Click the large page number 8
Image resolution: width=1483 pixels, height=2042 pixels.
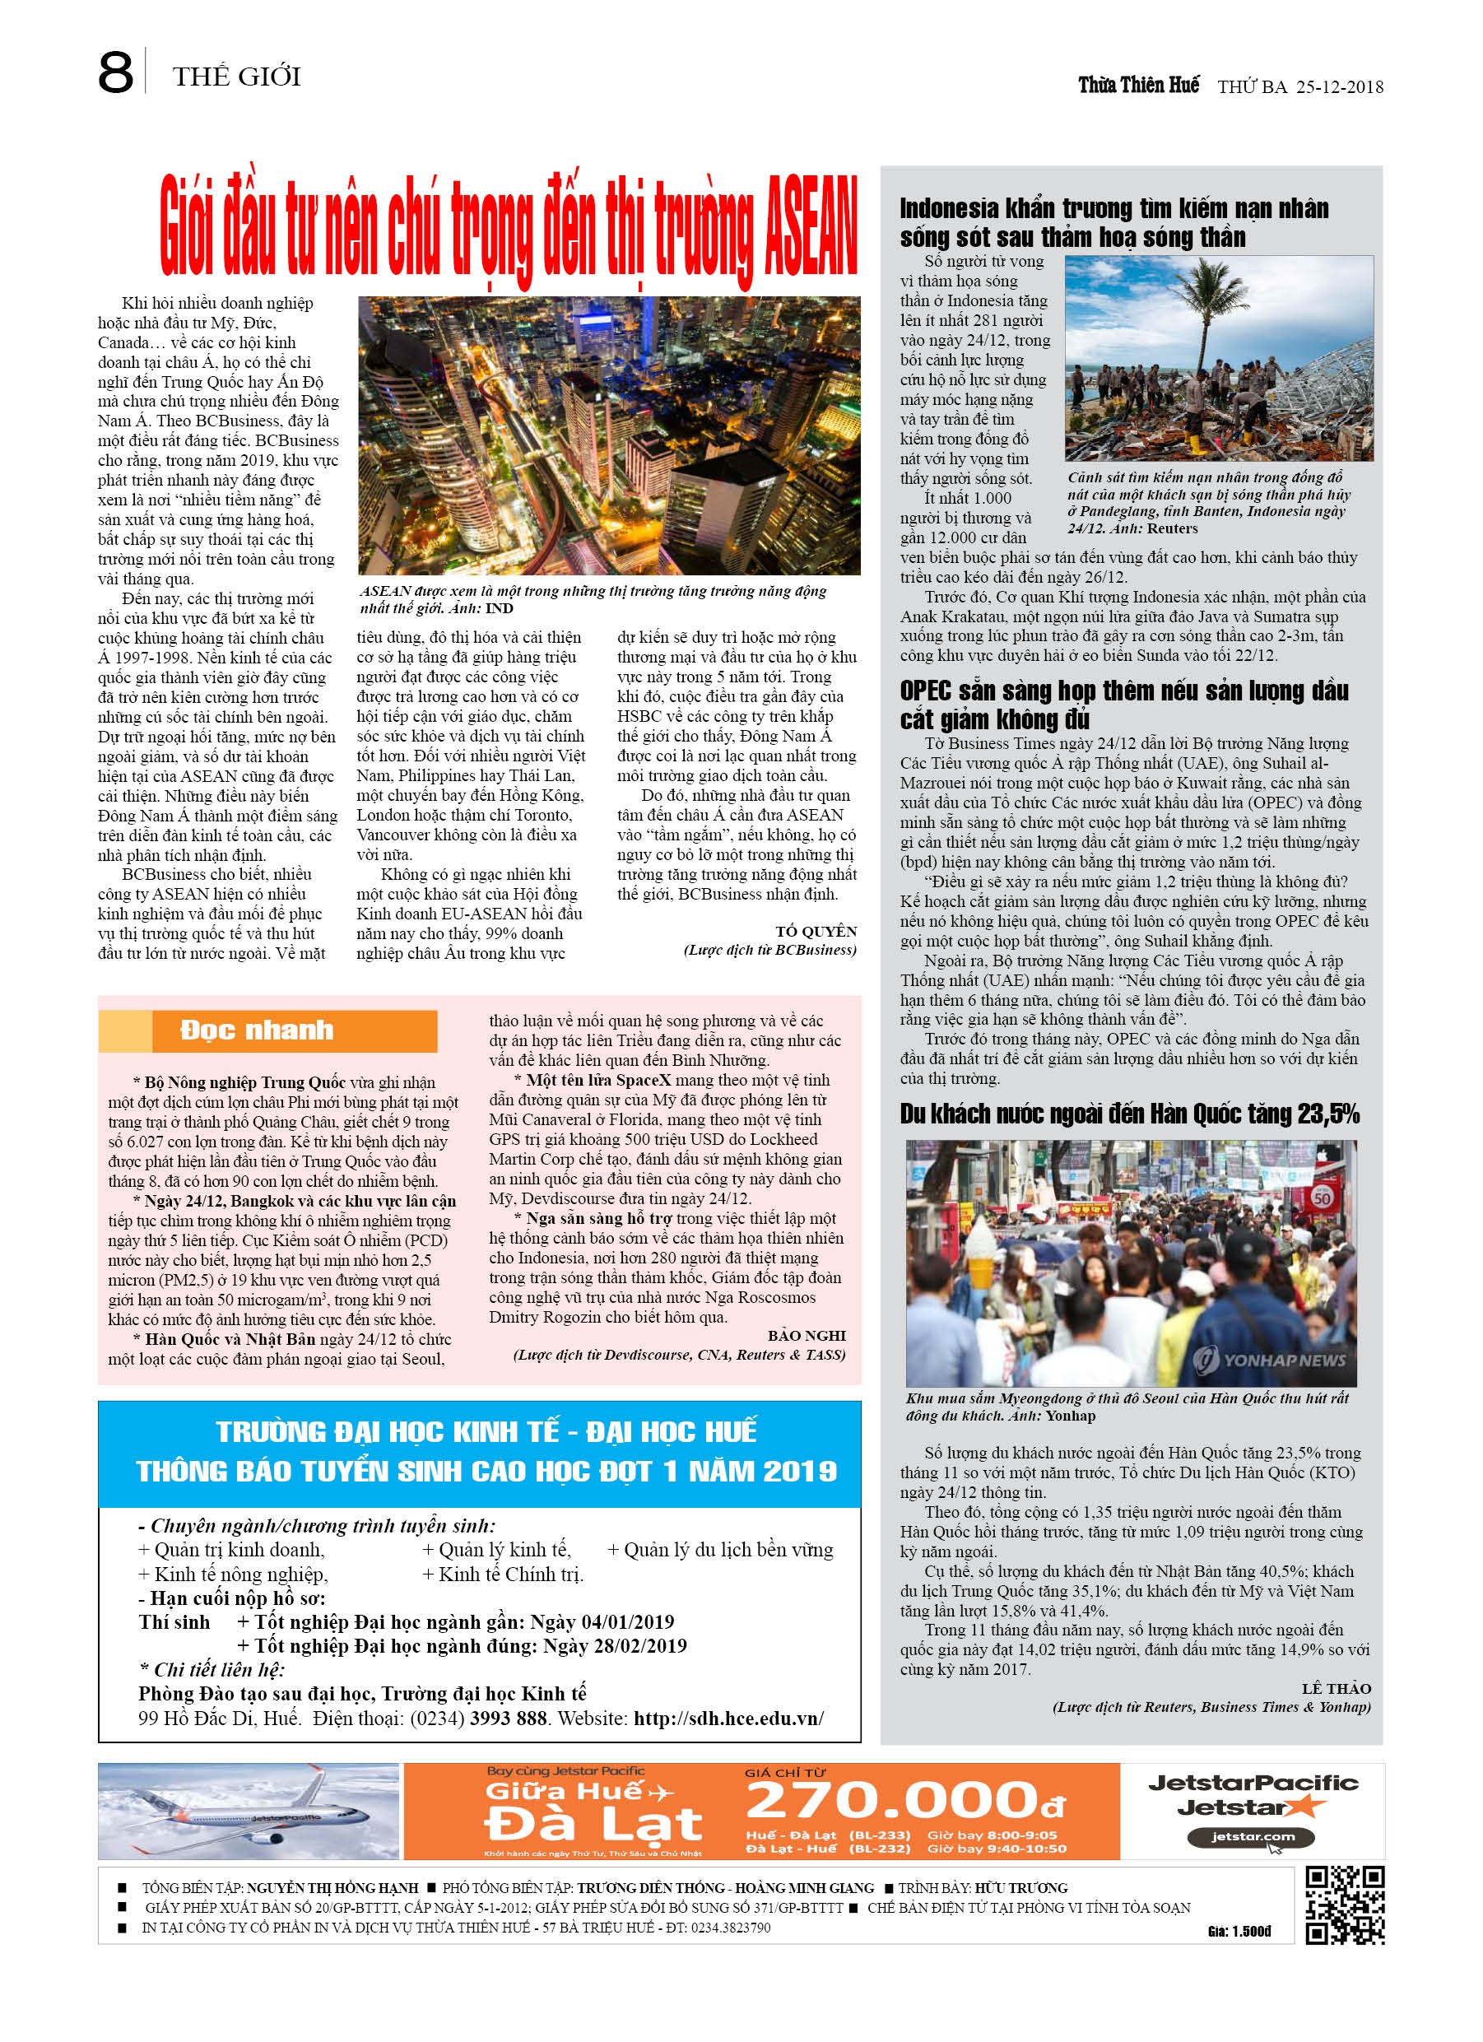click(x=115, y=74)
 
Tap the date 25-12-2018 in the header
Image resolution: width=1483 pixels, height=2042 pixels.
click(x=1339, y=87)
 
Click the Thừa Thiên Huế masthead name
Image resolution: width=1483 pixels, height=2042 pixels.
click(x=1138, y=86)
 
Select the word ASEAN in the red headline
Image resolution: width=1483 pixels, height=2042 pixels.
click(x=810, y=226)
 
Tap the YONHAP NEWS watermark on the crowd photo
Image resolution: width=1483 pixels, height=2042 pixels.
click(x=1271, y=1361)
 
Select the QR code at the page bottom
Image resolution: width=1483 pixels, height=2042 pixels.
click(x=1345, y=1905)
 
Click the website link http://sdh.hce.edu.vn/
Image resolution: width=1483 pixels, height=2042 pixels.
click(x=728, y=1719)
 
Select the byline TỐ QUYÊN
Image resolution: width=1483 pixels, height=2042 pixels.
click(x=816, y=932)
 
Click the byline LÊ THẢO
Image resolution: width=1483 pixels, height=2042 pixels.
click(x=1336, y=1689)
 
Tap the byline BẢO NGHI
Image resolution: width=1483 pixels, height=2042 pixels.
click(x=806, y=1336)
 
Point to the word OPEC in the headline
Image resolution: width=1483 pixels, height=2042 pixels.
click(x=925, y=691)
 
